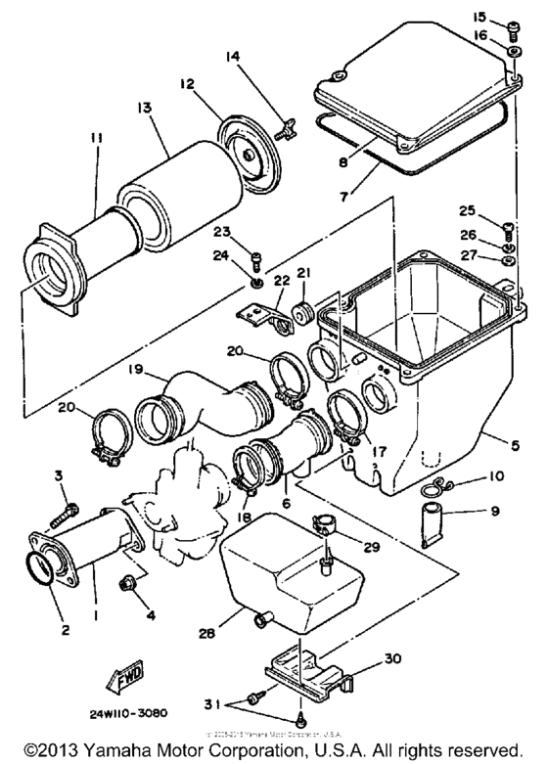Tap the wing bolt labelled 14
pos(287,124)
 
